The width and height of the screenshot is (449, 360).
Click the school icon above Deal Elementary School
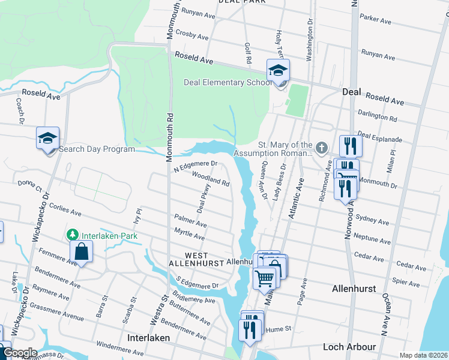pos(278,71)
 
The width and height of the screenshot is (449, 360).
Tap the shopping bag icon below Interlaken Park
pos(82,252)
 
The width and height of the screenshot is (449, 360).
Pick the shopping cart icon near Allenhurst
pos(265,278)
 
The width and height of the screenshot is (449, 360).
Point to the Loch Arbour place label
pos(349,347)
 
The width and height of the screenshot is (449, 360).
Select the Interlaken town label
pos(148,338)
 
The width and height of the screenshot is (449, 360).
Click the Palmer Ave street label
pos(190,221)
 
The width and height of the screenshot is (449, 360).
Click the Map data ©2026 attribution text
pos(423,355)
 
